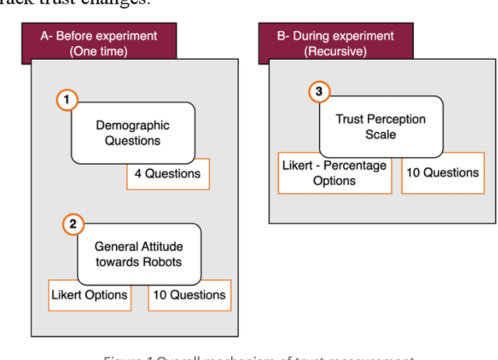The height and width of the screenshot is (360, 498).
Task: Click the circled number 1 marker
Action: [66, 100]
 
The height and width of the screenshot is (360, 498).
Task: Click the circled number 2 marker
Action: [72, 225]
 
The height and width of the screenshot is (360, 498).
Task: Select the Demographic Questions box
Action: [132, 133]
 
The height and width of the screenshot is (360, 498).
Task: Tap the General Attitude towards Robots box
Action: [139, 254]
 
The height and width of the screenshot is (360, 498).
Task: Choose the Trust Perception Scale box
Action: [381, 126]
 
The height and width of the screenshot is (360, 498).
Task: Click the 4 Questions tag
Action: [178, 174]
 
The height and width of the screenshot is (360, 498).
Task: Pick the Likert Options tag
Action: [89, 295]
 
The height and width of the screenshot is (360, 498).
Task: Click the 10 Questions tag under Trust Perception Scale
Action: [440, 173]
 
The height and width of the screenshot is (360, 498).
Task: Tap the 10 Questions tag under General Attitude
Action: [190, 295]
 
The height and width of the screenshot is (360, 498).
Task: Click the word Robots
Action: [161, 261]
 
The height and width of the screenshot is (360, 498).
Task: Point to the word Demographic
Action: [132, 125]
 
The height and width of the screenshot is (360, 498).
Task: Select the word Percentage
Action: [356, 166]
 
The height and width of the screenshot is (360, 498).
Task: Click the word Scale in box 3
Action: [381, 134]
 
